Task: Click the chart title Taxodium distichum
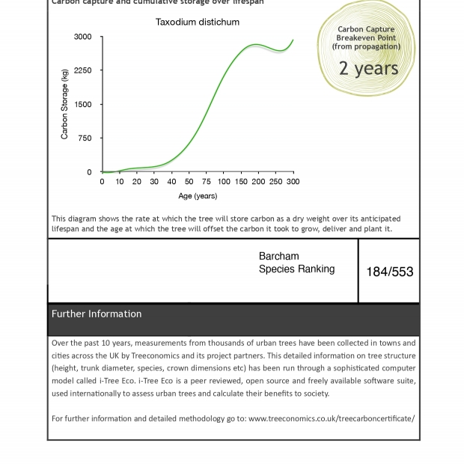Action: click(x=198, y=22)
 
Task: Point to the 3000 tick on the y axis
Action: click(x=83, y=37)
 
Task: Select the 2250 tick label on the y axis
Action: click(x=83, y=70)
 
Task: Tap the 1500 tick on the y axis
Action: click(x=83, y=105)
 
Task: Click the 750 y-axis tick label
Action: click(x=85, y=138)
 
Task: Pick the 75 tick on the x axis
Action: click(x=206, y=182)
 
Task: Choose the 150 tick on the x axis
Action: click(x=241, y=182)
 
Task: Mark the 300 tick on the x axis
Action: click(x=293, y=182)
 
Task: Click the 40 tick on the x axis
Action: click(x=171, y=182)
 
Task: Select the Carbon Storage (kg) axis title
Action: click(x=64, y=104)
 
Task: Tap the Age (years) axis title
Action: click(x=198, y=196)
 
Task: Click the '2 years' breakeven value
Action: click(x=368, y=68)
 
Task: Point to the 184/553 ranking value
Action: click(x=389, y=272)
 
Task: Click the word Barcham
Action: click(x=278, y=256)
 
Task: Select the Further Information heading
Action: click(x=97, y=314)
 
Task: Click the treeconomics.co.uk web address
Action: click(x=332, y=418)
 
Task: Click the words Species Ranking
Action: click(x=296, y=269)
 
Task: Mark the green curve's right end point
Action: click(x=293, y=40)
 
